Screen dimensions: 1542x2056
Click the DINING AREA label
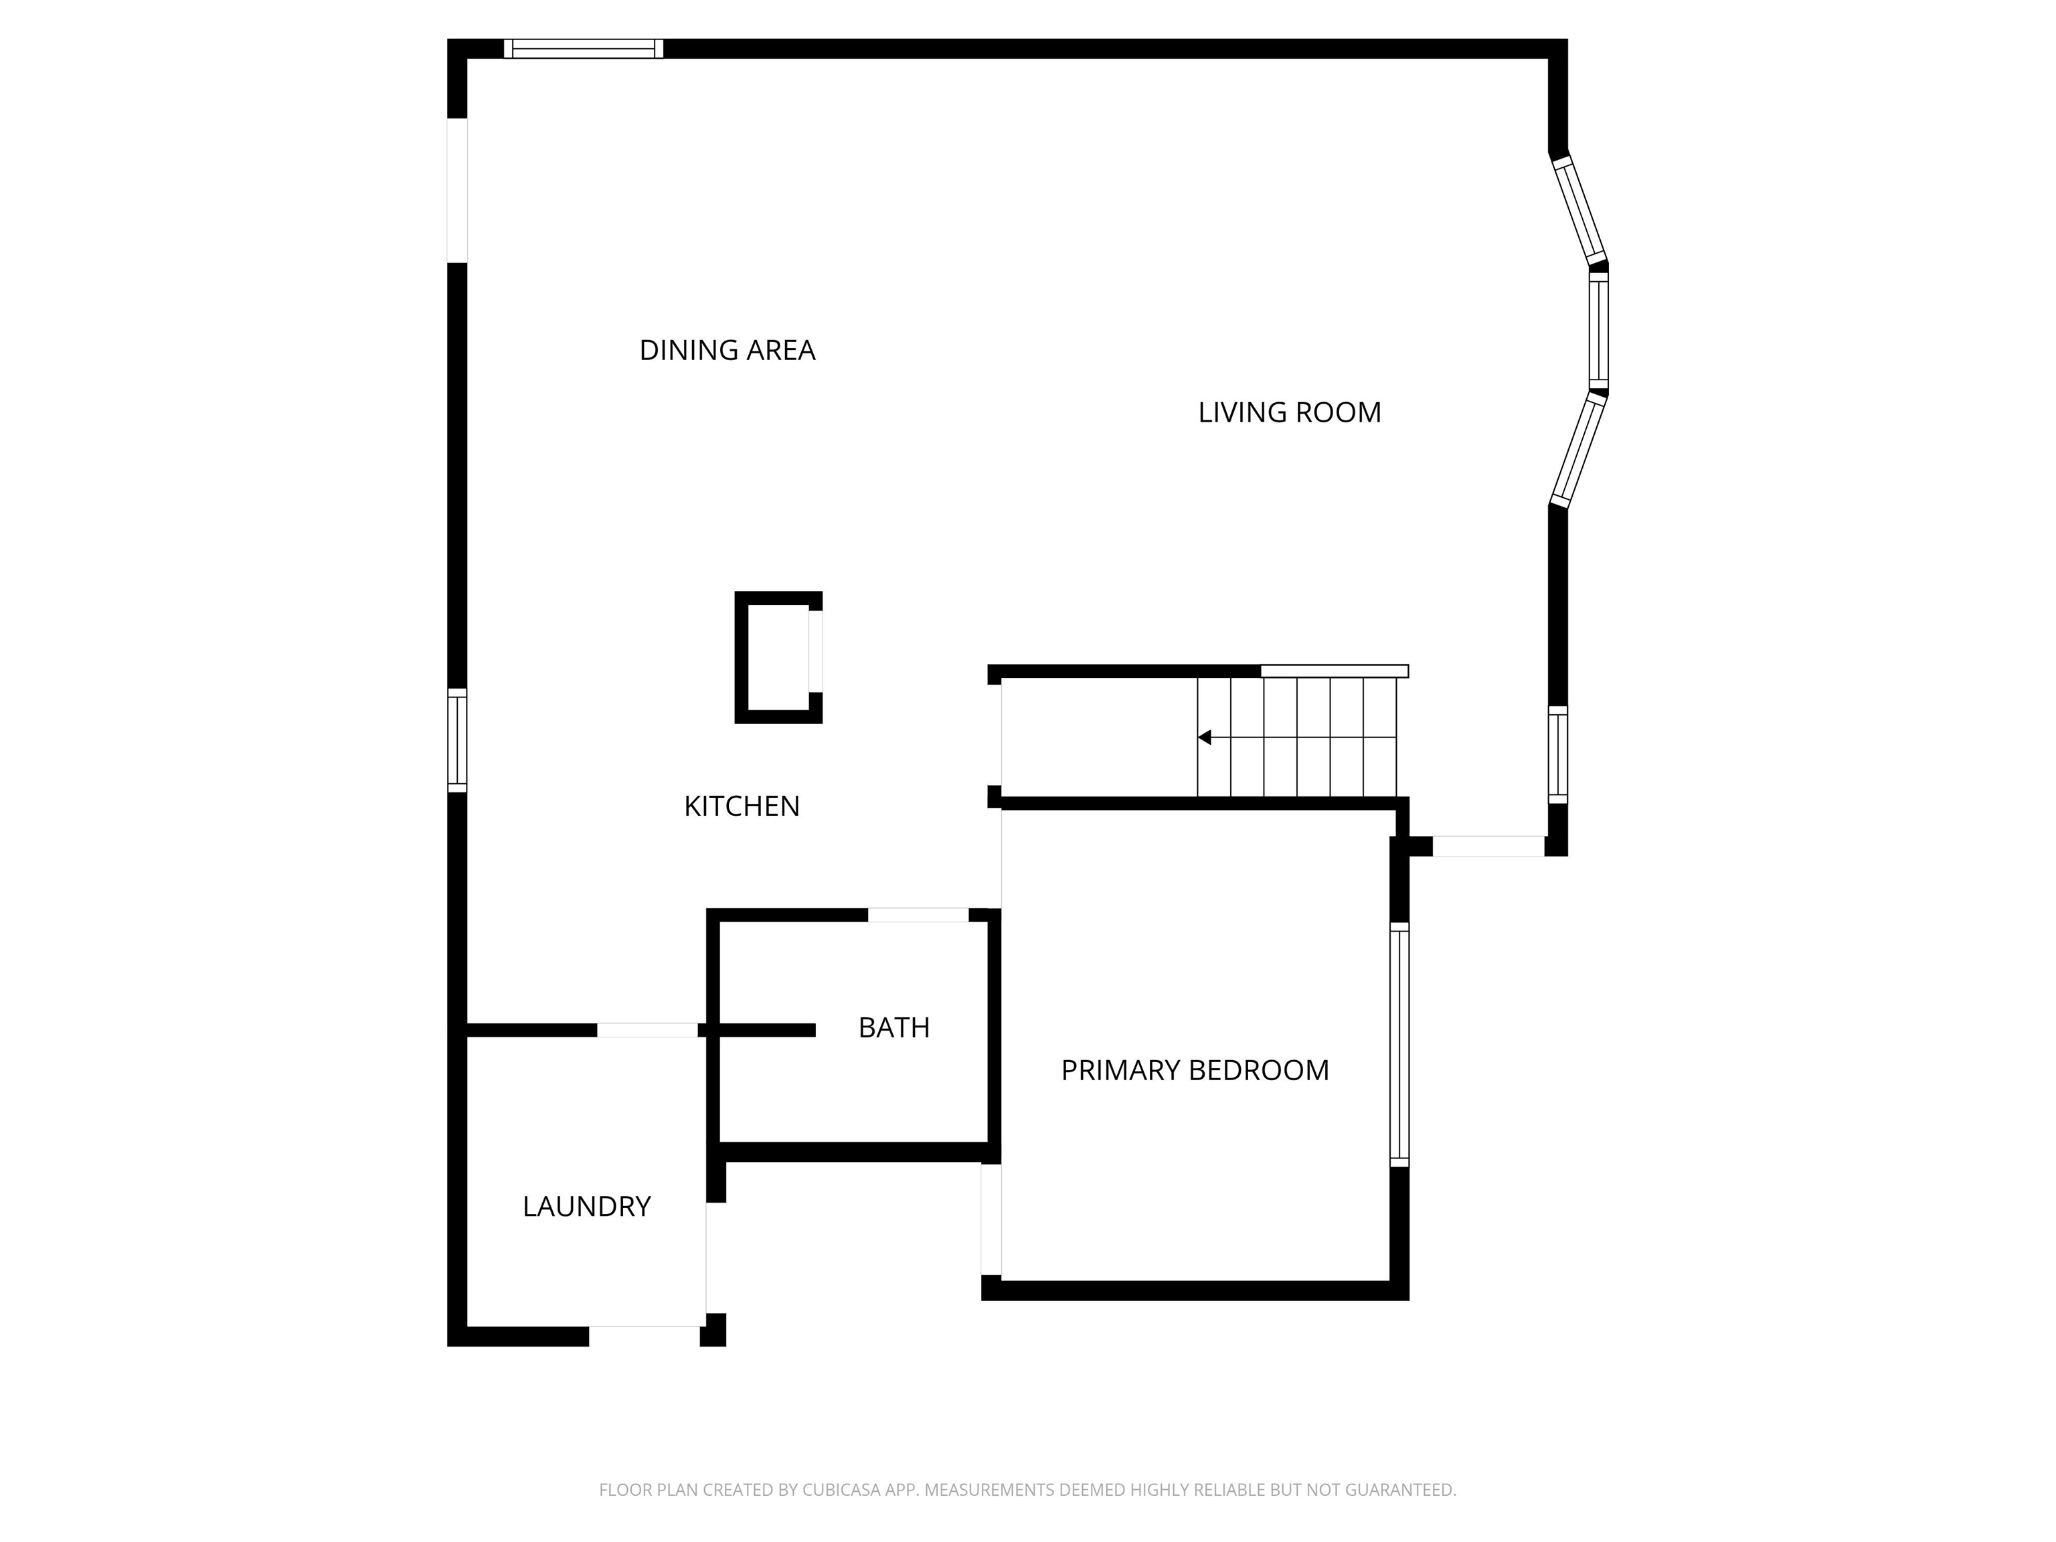click(727, 351)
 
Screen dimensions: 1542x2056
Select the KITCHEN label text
click(742, 806)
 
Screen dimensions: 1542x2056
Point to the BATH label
click(893, 1027)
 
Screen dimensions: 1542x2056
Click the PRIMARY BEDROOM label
click(1195, 1069)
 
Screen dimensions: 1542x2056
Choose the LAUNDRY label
click(586, 1207)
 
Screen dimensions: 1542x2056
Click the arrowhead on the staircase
click(1205, 737)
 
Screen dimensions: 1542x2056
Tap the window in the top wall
click(584, 48)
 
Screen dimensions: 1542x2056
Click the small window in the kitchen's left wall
click(457, 741)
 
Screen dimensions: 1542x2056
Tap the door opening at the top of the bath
click(918, 916)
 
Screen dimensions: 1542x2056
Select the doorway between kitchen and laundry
click(647, 1030)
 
